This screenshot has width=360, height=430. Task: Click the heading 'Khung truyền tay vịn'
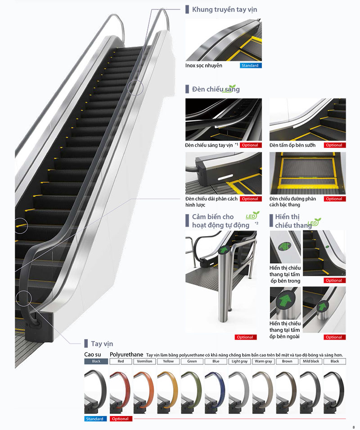pyautogui.click(x=225, y=9)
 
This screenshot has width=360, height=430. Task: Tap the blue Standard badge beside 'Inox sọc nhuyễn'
pyautogui.click(x=251, y=66)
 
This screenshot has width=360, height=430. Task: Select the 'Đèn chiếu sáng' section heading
pyautogui.click(x=216, y=89)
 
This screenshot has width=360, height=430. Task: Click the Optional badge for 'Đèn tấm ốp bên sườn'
pyautogui.click(x=335, y=145)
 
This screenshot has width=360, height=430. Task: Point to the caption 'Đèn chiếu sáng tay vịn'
pyautogui.click(x=209, y=145)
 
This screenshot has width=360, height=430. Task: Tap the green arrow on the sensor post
pyautogui.click(x=224, y=250)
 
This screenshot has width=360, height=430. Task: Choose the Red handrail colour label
pyautogui.click(x=121, y=362)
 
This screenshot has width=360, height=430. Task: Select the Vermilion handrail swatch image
pyautogui.click(x=144, y=391)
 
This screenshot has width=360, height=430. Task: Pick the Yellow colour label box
pyautogui.click(x=168, y=362)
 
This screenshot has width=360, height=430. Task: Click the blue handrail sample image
pyautogui.click(x=216, y=391)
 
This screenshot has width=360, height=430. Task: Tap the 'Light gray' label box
pyautogui.click(x=239, y=362)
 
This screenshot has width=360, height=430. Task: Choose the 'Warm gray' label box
pyautogui.click(x=263, y=362)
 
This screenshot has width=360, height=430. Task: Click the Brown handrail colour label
pyautogui.click(x=287, y=362)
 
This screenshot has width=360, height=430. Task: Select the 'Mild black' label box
pyautogui.click(x=311, y=362)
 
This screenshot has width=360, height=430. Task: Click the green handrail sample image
pyautogui.click(x=192, y=391)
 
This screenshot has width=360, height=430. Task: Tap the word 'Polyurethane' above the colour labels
pyautogui.click(x=126, y=354)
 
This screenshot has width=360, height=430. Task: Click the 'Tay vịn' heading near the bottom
pyautogui.click(x=102, y=344)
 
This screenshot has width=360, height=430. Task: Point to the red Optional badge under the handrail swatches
pyautogui.click(x=121, y=419)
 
